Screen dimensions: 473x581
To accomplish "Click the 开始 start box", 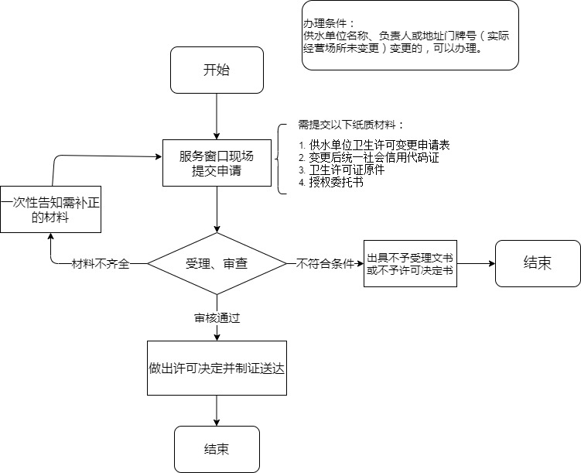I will click(217, 70).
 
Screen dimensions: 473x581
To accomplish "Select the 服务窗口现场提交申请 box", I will click(217, 163).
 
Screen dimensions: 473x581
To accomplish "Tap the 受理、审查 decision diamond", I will click(217, 263).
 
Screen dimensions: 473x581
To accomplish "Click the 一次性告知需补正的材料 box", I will click(50, 209).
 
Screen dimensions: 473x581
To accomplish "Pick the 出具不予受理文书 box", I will click(410, 263).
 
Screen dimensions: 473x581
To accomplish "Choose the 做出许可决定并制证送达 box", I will click(217, 368).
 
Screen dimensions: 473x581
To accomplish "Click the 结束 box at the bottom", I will click(217, 449).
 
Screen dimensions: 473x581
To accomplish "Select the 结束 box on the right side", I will click(538, 263).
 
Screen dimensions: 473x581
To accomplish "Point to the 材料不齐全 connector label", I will click(101, 263).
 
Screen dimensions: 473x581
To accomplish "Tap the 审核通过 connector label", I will click(217, 317).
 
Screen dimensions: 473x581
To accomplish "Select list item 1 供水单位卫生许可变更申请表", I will click(374, 145).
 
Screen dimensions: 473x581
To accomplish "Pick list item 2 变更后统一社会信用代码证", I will click(369, 158).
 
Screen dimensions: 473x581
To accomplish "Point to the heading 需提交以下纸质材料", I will click(350, 125).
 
